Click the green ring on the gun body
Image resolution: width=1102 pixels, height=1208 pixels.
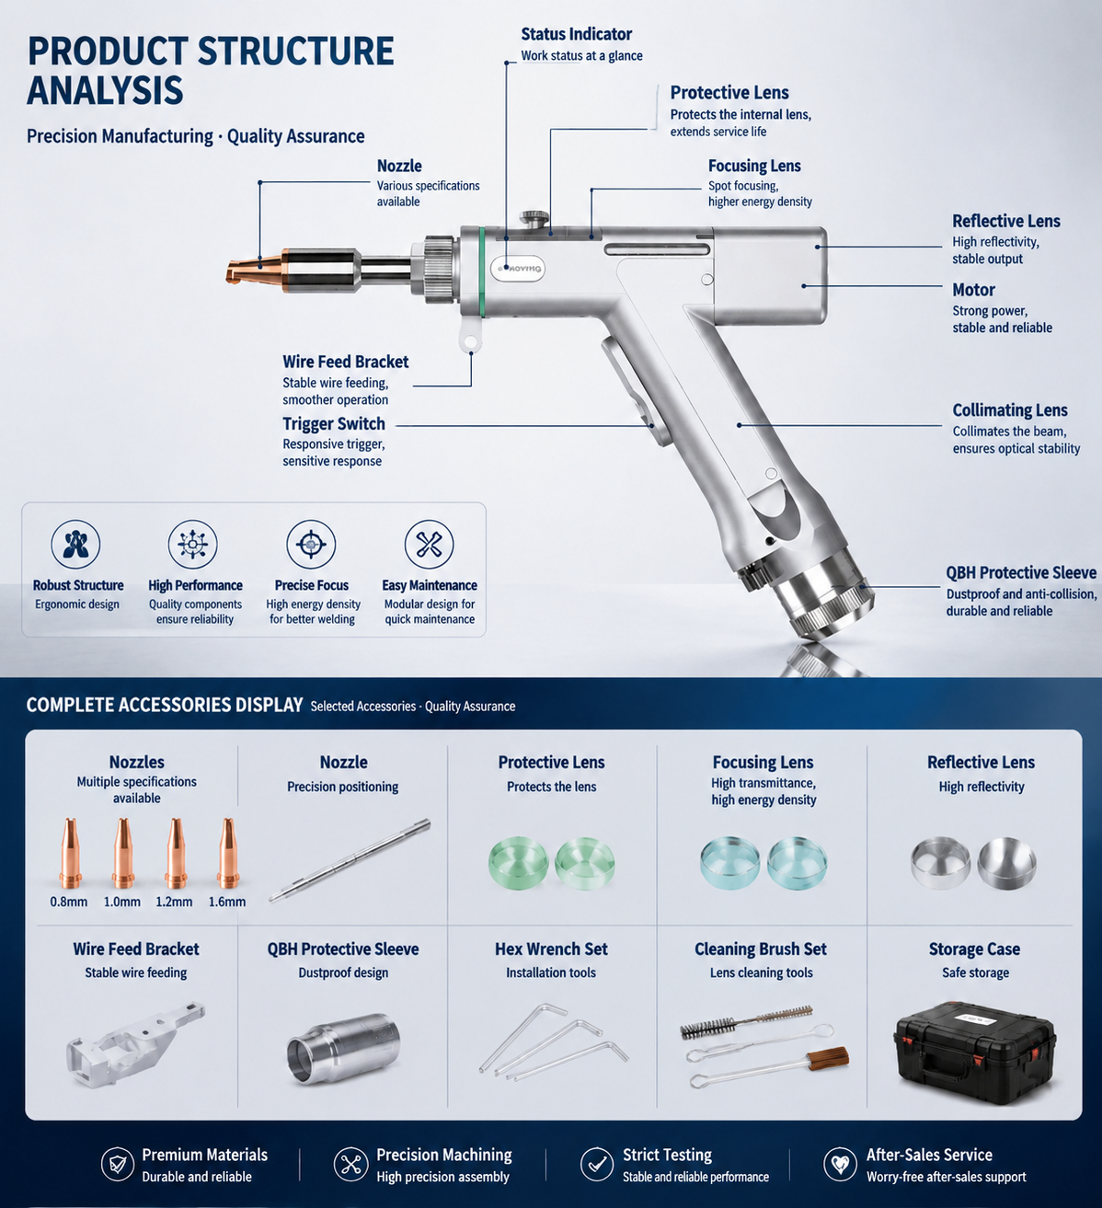pyautogui.click(x=482, y=271)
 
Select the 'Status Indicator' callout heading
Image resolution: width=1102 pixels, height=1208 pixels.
pyautogui.click(x=576, y=34)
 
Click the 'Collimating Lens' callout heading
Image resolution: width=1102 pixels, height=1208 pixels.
pyautogui.click(x=1009, y=410)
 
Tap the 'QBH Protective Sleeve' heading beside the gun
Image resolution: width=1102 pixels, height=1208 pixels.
pyautogui.click(x=1021, y=572)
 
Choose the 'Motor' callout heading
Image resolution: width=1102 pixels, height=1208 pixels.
pyautogui.click(x=973, y=290)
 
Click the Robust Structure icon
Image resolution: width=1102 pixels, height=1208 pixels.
pyautogui.click(x=75, y=545)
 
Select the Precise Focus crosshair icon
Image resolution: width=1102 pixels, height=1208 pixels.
pyautogui.click(x=311, y=545)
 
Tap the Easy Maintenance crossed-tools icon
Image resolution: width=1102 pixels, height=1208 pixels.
pyautogui.click(x=429, y=545)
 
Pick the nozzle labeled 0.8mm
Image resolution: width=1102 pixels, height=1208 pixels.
pyautogui.click(x=70, y=853)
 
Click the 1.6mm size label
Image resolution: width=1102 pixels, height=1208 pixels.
pyautogui.click(x=227, y=902)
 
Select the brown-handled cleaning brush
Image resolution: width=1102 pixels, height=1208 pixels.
pyautogui.click(x=768, y=1067)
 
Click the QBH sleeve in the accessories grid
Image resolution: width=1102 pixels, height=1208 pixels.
pyautogui.click(x=343, y=1049)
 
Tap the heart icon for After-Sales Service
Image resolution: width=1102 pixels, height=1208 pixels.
pyautogui.click(x=840, y=1164)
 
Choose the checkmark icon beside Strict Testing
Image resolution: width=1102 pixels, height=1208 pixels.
pyautogui.click(x=596, y=1164)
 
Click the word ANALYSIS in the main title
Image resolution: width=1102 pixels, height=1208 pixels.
pyautogui.click(x=105, y=90)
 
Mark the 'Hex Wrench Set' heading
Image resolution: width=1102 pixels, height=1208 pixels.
pyautogui.click(x=551, y=949)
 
